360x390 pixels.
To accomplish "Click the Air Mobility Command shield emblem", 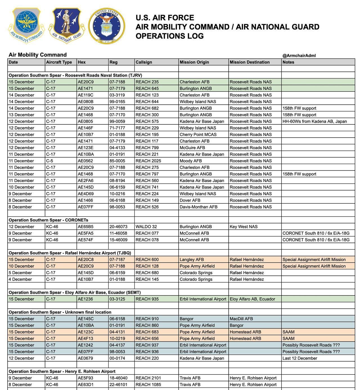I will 26,25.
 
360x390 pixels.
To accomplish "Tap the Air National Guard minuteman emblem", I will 66,25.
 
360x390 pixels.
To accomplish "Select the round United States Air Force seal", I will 107,26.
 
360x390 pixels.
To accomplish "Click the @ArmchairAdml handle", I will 299,55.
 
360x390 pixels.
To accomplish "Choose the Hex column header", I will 82,62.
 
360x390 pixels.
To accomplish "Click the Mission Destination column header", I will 249,62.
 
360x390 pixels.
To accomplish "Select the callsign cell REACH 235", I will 147,82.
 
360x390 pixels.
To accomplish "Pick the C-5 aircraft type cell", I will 50,161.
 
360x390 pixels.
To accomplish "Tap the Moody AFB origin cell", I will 191,161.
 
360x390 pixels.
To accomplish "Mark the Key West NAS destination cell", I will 244,227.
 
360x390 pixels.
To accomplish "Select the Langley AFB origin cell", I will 192,260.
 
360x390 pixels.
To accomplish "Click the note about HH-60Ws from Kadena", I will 315,122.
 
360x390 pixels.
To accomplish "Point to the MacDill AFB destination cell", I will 241,319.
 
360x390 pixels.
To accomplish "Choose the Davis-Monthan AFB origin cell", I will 199,207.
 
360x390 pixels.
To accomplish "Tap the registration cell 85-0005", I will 117,161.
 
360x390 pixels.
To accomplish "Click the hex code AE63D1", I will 85,385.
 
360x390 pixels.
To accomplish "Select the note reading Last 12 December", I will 300,358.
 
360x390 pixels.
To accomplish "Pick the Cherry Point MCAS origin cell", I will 198,135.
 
